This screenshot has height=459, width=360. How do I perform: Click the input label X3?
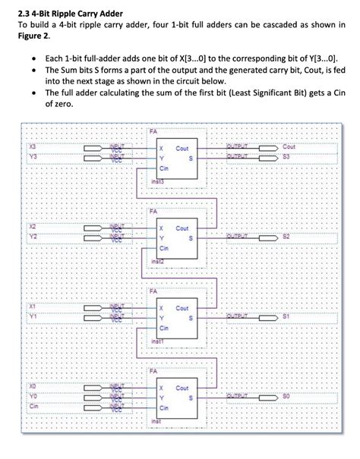(33, 146)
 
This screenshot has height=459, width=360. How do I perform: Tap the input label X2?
(33, 226)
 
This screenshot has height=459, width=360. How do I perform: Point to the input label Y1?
(33, 317)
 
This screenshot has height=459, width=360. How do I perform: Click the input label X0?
(33, 387)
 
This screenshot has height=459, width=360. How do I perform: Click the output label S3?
(288, 156)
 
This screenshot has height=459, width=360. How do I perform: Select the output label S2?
(288, 237)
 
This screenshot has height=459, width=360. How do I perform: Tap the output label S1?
(288, 316)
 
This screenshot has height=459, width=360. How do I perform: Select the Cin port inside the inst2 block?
(163, 247)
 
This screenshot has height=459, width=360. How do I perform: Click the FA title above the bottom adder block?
(154, 370)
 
